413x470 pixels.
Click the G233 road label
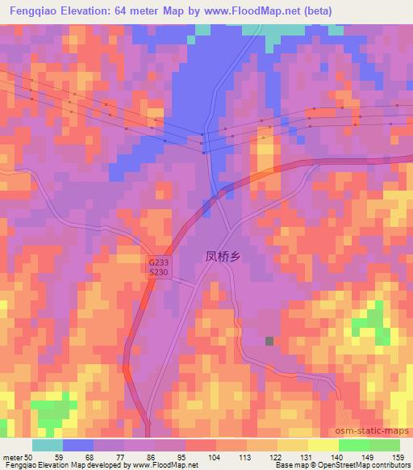(x=158, y=262)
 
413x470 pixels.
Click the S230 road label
(x=158, y=273)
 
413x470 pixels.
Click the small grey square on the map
(x=269, y=341)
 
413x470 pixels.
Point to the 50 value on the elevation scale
(x=31, y=456)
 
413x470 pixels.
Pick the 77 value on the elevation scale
(x=123, y=456)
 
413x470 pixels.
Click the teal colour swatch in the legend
(x=48, y=445)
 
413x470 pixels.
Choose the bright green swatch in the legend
(x=353, y=445)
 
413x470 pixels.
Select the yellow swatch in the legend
(x=323, y=445)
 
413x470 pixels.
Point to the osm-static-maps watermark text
(x=373, y=432)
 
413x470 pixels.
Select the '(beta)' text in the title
(x=307, y=10)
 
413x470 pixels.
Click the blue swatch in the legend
(x=78, y=445)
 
